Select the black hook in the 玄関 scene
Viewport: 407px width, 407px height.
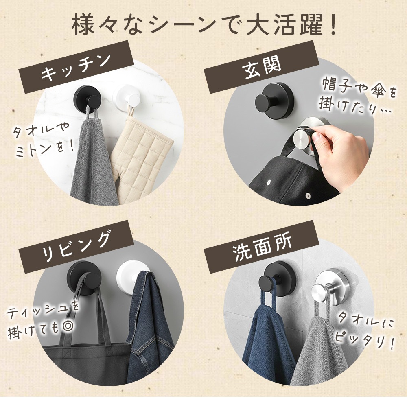tap(274, 101)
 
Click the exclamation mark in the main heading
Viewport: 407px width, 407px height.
tap(332, 25)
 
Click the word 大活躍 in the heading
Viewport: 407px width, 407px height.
tap(284, 25)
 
